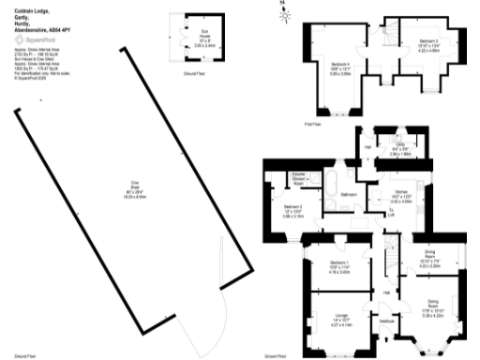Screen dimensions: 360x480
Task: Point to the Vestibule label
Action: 382,321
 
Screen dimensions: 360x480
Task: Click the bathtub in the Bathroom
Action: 335,180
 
